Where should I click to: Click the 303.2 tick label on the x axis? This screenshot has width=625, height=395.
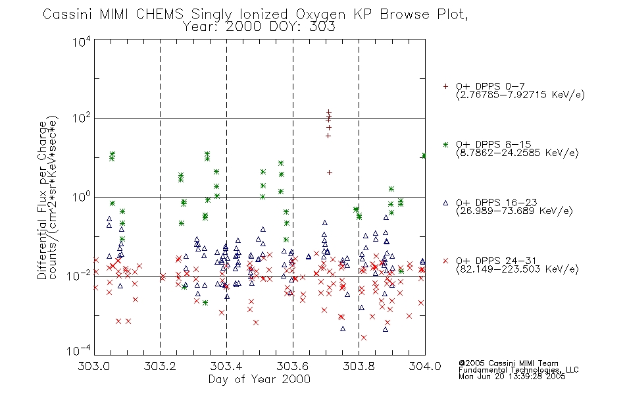pos(160,366)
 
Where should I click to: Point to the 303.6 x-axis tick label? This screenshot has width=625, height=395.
pos(293,366)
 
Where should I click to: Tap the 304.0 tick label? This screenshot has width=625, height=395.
pos(425,366)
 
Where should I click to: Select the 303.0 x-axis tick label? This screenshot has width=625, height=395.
pos(94,366)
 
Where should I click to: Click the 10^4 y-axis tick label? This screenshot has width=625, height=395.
pos(82,41)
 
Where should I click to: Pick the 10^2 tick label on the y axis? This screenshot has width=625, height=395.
pos(82,118)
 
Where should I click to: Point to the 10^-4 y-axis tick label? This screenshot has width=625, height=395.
pos(79,351)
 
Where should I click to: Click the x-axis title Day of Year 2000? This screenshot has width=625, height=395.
pos(259,379)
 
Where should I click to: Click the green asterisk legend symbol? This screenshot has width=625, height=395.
pos(445,145)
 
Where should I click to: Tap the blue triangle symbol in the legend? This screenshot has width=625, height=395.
pos(445,203)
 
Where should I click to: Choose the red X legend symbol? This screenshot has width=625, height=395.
pos(445,261)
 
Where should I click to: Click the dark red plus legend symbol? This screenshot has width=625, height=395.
pos(445,86)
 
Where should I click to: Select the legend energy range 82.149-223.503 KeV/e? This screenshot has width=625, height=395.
pos(517,269)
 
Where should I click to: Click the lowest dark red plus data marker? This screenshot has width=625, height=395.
pos(330,172)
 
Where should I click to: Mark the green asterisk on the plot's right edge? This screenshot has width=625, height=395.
pos(424,155)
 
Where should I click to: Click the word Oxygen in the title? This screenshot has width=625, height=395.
pos(321,14)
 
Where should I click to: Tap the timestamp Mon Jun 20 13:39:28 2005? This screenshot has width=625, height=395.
pos(512,377)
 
